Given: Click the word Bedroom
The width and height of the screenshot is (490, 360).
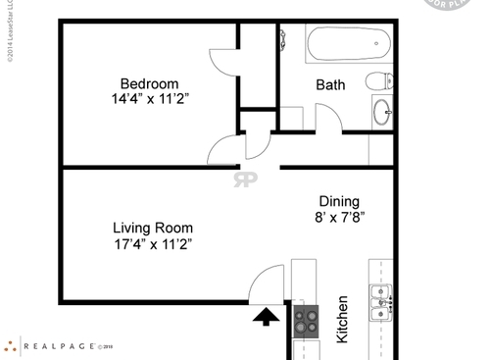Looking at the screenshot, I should [x=149, y=82].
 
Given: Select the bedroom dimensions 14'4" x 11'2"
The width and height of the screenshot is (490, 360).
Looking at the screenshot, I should [x=149, y=99].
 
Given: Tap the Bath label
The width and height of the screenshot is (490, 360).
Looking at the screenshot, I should [x=330, y=85].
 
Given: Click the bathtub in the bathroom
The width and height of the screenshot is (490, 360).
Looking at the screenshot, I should [x=348, y=43].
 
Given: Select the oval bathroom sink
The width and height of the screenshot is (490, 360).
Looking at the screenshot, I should [x=381, y=113].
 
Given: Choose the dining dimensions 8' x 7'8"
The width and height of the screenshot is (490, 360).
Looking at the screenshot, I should [x=339, y=217].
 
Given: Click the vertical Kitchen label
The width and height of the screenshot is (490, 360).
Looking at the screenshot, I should [x=343, y=319].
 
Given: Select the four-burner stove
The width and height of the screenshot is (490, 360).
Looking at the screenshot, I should [x=307, y=318].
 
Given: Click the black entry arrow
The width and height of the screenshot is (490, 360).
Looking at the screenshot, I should [x=265, y=315].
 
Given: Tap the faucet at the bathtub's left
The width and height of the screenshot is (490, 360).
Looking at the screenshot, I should [x=283, y=41].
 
